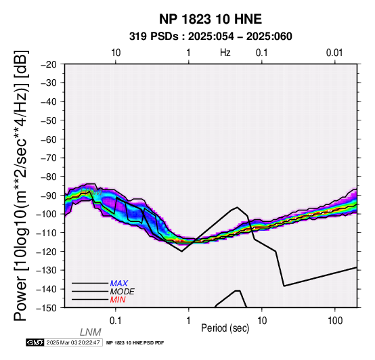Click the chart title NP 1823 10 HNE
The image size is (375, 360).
(x=211, y=19)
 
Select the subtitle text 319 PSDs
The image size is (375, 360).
(x=154, y=37)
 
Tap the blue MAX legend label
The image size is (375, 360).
(x=119, y=284)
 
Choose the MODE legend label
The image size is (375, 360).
(x=123, y=292)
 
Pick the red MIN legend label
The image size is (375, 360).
(x=118, y=300)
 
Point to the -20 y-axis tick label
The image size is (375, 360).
(x=49, y=64)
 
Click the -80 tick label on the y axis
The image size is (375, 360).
(x=49, y=177)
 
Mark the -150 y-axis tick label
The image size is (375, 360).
(x=46, y=308)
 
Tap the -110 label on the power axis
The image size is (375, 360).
(x=46, y=233)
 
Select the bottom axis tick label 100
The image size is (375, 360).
(x=335, y=321)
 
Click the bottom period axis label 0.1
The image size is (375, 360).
(x=116, y=321)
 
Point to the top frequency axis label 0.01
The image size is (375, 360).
(x=334, y=53)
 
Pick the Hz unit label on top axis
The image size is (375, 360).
(x=225, y=53)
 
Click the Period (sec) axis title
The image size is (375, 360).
(x=225, y=328)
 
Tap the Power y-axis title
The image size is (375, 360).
(x=21, y=185)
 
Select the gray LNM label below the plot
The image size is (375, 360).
(x=91, y=332)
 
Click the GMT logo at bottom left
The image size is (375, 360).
(x=35, y=342)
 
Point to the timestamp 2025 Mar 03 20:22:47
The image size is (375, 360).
(x=73, y=342)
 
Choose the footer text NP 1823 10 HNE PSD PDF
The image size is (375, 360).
(x=135, y=343)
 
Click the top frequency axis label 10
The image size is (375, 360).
(x=116, y=53)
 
